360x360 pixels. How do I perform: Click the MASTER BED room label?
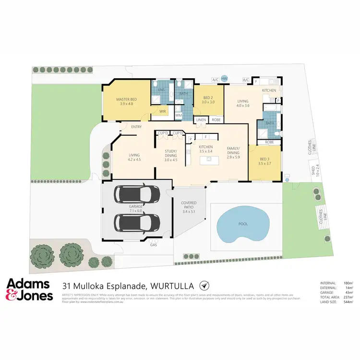[127, 99]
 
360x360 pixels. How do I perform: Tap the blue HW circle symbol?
[224, 79]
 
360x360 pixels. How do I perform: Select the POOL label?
[244, 224]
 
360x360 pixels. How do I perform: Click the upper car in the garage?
[137, 193]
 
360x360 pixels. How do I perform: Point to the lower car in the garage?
[137, 222]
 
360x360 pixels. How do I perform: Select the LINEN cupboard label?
[201, 120]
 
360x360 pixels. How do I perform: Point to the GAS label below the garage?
[154, 245]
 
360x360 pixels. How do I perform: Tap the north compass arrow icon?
[204, 285]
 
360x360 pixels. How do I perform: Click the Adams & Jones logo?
[29, 289]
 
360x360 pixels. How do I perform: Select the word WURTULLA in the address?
[173, 285]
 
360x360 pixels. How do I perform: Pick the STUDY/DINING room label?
[171, 153]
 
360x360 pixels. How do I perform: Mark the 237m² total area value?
[348, 297]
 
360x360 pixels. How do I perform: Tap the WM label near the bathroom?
[178, 115]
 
